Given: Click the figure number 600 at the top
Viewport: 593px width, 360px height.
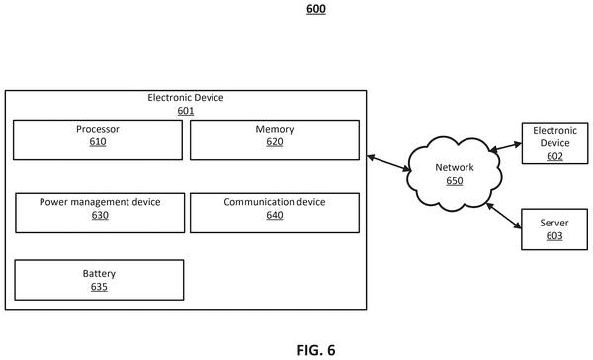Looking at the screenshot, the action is [x=316, y=9].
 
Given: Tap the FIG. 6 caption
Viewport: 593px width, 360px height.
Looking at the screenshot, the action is [x=316, y=350].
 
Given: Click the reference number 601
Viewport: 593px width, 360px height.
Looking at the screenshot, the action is [x=186, y=111].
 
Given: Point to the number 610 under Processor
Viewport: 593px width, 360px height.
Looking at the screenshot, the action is [x=98, y=142].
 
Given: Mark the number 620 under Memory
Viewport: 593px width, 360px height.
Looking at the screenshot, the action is [x=275, y=142].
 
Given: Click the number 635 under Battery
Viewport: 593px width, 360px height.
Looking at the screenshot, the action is [x=99, y=287].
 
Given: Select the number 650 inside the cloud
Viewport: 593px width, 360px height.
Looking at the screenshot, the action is [x=455, y=181].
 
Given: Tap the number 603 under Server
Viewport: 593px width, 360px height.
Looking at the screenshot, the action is [x=554, y=236].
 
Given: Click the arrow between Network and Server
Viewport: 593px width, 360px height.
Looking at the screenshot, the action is [x=504, y=216].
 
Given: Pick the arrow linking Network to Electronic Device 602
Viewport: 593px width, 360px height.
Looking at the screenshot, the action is [x=506, y=147].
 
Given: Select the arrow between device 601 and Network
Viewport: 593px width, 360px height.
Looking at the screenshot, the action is [x=388, y=163].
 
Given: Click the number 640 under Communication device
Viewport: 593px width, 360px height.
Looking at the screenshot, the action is [x=275, y=215].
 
